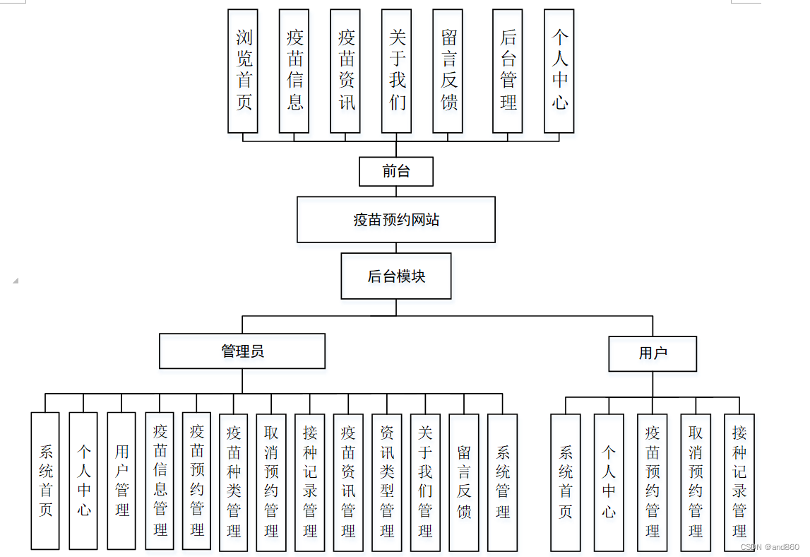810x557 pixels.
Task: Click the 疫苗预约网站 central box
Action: tap(395, 220)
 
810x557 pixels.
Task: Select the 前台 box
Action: tap(395, 171)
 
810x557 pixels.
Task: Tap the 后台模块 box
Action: tap(395, 276)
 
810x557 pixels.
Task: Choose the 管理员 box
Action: tap(242, 351)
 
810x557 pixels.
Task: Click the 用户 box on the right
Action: tap(653, 353)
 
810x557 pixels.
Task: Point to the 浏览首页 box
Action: tap(243, 71)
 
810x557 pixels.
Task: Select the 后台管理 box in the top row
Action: tap(508, 71)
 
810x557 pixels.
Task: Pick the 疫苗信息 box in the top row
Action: tap(294, 71)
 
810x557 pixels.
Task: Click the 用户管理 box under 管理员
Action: tap(121, 481)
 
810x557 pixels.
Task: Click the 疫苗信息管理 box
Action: tap(160, 481)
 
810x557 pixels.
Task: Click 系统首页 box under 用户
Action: tap(565, 482)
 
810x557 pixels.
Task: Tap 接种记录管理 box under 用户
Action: tap(739, 482)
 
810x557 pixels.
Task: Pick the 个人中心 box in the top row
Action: tap(559, 71)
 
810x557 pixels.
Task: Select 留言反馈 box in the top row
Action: tap(448, 71)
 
